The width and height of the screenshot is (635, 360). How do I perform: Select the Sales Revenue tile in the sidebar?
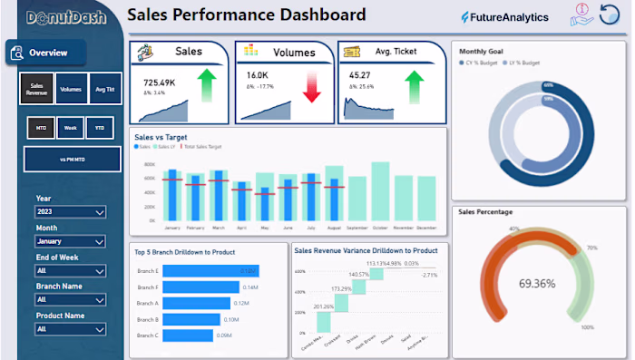point(36,89)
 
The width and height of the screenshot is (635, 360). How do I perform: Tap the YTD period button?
point(102,128)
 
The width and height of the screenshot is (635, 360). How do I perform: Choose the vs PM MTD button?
point(72,159)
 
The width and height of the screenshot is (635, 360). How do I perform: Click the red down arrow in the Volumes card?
point(312,86)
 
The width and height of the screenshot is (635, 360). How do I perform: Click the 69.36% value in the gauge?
point(537,284)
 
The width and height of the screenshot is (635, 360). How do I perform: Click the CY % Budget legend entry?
point(485,63)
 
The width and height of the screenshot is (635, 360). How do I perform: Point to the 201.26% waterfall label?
point(324,306)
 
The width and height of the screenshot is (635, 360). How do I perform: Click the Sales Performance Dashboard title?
point(247,15)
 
